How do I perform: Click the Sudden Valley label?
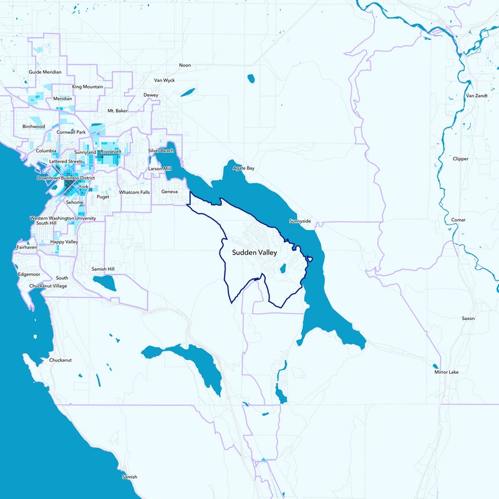pos(254,253)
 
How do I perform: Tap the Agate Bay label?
pos(243,168)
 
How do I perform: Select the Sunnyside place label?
pos(300,221)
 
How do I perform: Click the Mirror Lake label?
pos(447,372)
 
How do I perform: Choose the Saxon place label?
pos(468,319)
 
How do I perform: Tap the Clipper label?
pos(460,159)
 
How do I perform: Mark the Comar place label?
pos(458,220)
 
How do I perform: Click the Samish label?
pos(129,477)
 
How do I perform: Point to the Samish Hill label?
pos(103,268)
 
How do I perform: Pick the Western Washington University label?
pos(63,218)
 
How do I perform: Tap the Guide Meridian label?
pos(45,72)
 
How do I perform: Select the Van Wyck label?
pos(165,80)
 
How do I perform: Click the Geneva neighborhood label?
pos(170,191)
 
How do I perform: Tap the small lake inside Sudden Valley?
pos(283,269)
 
